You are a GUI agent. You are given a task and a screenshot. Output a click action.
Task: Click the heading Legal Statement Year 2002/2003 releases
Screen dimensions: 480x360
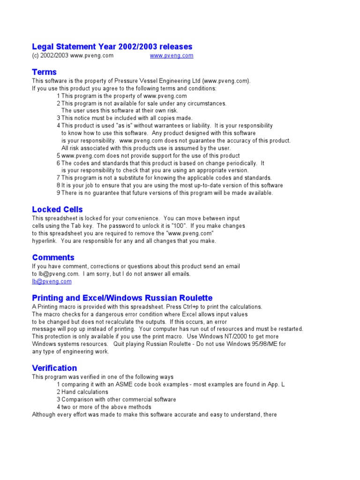coord(112,46)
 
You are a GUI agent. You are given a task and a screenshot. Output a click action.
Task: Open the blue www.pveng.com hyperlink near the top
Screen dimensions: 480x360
coord(171,55)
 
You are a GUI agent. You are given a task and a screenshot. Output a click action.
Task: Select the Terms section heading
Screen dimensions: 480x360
coord(44,72)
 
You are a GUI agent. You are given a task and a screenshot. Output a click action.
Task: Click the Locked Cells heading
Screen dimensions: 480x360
coord(57,209)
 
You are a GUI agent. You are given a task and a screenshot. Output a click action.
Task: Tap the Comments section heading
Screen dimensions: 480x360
coord(53,257)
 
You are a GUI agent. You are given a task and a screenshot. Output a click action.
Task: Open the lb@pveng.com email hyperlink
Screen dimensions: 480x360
coord(52,281)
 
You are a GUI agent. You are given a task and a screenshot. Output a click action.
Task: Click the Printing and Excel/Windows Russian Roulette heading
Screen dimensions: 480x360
coord(122,298)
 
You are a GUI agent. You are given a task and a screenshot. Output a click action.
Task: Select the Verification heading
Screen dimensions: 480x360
coord(54,368)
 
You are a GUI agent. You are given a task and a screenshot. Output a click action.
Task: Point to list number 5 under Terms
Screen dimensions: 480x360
coord(59,156)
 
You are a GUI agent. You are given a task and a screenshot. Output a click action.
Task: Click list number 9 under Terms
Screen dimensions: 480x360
coord(59,193)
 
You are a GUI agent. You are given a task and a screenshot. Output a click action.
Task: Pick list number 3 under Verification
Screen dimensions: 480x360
coord(59,399)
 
